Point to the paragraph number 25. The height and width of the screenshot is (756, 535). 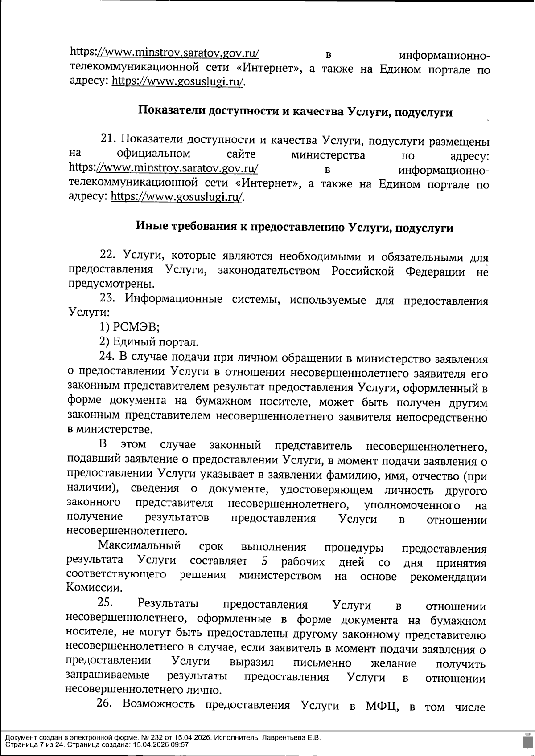point(105,603)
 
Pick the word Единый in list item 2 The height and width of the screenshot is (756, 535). point(134,342)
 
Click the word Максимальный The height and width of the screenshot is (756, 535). point(140,546)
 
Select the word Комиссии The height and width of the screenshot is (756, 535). point(88,587)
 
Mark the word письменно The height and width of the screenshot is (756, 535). point(322,663)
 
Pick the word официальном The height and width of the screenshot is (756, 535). point(153,154)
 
